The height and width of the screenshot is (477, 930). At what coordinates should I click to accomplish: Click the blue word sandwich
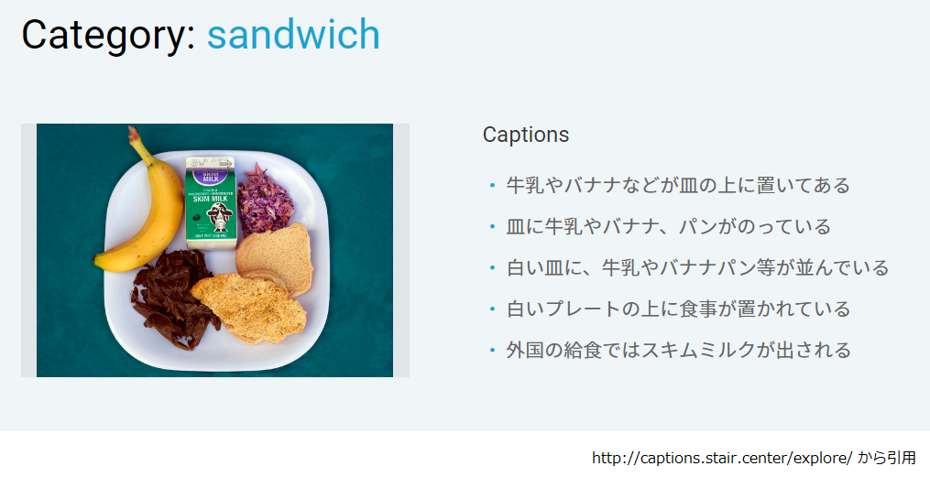[x=292, y=35]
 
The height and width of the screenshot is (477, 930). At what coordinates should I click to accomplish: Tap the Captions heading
[x=525, y=135]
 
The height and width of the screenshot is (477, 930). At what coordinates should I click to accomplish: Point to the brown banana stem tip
[x=134, y=133]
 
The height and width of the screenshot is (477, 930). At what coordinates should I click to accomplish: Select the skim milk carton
[x=212, y=201]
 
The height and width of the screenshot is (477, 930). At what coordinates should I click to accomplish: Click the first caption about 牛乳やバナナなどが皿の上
[x=678, y=186]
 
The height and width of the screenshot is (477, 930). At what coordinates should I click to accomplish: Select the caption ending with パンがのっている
[x=669, y=227]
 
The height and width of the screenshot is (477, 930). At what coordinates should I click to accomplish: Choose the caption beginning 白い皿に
[x=697, y=268]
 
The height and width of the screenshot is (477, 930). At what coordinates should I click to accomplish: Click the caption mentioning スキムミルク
[x=678, y=350]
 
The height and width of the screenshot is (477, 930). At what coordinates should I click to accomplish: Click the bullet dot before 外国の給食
[x=492, y=351]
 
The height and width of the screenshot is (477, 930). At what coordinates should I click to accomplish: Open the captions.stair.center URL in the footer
[x=721, y=458]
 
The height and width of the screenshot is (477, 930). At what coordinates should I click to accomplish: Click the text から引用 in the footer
[x=886, y=458]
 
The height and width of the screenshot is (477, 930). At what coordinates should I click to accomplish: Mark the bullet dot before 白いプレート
[x=492, y=309]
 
